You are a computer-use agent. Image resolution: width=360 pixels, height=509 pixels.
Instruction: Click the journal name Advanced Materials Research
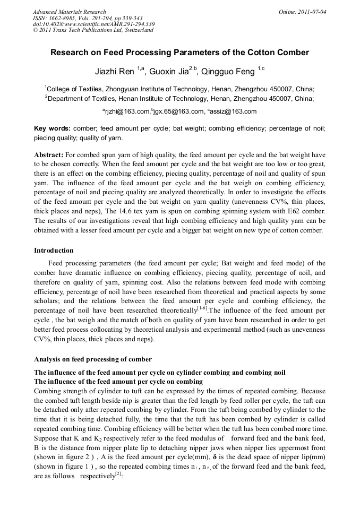(x=69, y=12)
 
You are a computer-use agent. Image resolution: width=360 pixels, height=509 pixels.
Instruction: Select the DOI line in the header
(x=93, y=24)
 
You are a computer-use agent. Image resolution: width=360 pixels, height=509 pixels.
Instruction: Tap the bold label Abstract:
(x=49, y=155)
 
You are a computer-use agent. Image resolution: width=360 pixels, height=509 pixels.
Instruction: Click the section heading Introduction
(x=54, y=251)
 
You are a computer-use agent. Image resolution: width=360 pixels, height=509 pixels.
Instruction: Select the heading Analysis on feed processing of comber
(x=92, y=359)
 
